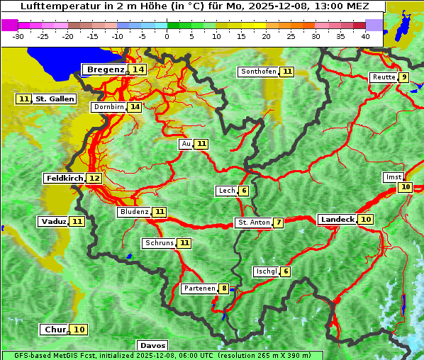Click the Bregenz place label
[105, 69]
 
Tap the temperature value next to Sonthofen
[287, 72]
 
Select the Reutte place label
[383, 77]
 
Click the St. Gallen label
[55, 99]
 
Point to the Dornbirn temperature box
[135, 107]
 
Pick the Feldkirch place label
[64, 178]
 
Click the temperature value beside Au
[202, 144]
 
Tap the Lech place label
[226, 191]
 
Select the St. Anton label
[253, 223]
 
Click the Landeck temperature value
[366, 220]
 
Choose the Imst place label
[392, 176]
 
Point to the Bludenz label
[134, 212]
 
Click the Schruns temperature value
[184, 243]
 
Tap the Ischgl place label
[265, 271]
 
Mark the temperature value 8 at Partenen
[224, 288]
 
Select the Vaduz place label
[53, 221]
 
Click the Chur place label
[55, 330]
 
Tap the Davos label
[152, 345]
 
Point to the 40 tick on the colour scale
[365, 35]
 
